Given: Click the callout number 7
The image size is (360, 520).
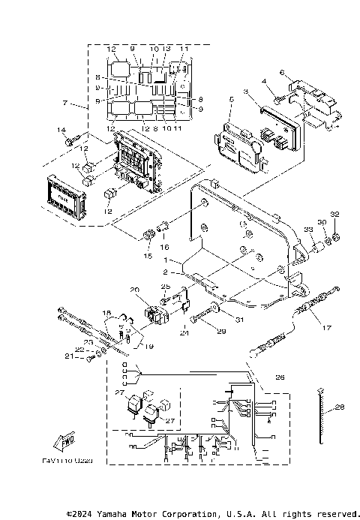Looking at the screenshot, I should coord(65,102).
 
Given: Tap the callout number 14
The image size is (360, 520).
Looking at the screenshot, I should coord(62,131).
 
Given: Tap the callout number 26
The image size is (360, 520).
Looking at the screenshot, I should coord(280,377).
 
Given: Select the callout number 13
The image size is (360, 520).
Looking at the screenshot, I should coord(166,49).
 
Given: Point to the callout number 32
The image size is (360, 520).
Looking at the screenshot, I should coord(335,214).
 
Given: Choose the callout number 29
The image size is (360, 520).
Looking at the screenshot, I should coord(220,330).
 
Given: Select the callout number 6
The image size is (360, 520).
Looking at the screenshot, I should coord(281,72).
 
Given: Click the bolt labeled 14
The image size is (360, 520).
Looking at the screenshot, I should coord(72,140).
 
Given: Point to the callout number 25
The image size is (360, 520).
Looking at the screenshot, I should coord(166,287).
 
